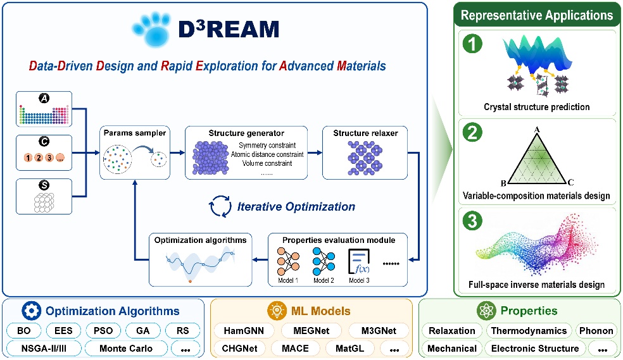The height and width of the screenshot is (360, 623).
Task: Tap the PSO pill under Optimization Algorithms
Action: (103, 331)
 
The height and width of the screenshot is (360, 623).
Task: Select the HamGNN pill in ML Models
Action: (244, 331)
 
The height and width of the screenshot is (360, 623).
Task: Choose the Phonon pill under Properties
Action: (596, 331)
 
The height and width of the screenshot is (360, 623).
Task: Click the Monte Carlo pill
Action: (126, 349)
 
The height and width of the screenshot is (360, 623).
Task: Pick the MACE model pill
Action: (295, 349)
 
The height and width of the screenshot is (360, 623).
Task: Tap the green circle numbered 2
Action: (472, 132)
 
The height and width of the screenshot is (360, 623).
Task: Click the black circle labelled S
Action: (44, 185)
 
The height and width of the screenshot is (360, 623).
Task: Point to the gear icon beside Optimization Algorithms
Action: (32, 311)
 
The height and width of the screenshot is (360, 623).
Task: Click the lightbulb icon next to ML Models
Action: (277, 311)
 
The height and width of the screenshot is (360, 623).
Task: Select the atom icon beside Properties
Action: (486, 311)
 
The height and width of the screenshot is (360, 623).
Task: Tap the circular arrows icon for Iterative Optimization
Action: (220, 206)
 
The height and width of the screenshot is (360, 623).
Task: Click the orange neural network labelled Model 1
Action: (288, 261)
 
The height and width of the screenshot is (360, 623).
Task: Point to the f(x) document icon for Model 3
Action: (359, 261)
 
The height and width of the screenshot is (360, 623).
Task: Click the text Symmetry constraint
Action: (267, 146)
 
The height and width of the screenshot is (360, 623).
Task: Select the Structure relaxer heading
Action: (365, 133)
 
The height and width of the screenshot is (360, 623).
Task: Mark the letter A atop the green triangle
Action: (537, 130)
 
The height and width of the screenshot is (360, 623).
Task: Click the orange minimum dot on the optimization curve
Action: (191, 281)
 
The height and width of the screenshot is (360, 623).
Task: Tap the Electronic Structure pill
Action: (535, 349)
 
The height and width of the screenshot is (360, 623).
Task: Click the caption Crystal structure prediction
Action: (536, 107)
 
